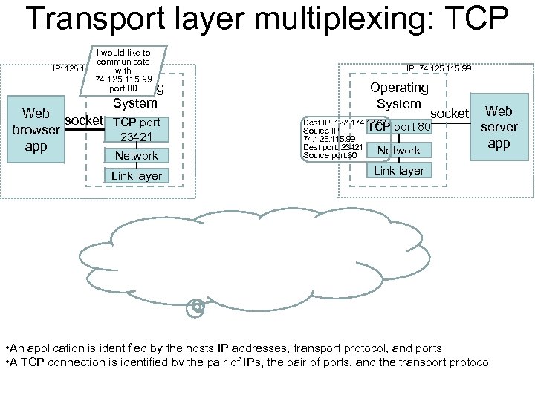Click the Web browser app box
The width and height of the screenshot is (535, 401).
(x=36, y=130)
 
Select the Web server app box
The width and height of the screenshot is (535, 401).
(x=499, y=127)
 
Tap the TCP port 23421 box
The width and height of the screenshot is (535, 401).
(x=136, y=129)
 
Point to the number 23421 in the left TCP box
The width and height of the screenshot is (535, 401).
(x=136, y=137)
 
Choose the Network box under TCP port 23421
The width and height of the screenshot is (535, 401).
(x=136, y=156)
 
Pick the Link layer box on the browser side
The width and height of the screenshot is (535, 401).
(x=136, y=176)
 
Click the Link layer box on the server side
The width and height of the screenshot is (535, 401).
(x=399, y=171)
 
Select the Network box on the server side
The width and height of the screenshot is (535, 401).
(x=399, y=151)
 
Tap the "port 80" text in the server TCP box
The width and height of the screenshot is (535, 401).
(x=412, y=126)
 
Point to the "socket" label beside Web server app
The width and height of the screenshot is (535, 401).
(x=450, y=113)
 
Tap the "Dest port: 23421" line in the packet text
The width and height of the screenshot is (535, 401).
(x=331, y=147)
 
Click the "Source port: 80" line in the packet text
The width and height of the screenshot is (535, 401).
(x=330, y=155)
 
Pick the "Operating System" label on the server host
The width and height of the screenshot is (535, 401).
(x=398, y=96)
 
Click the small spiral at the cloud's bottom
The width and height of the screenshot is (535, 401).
(x=196, y=305)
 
